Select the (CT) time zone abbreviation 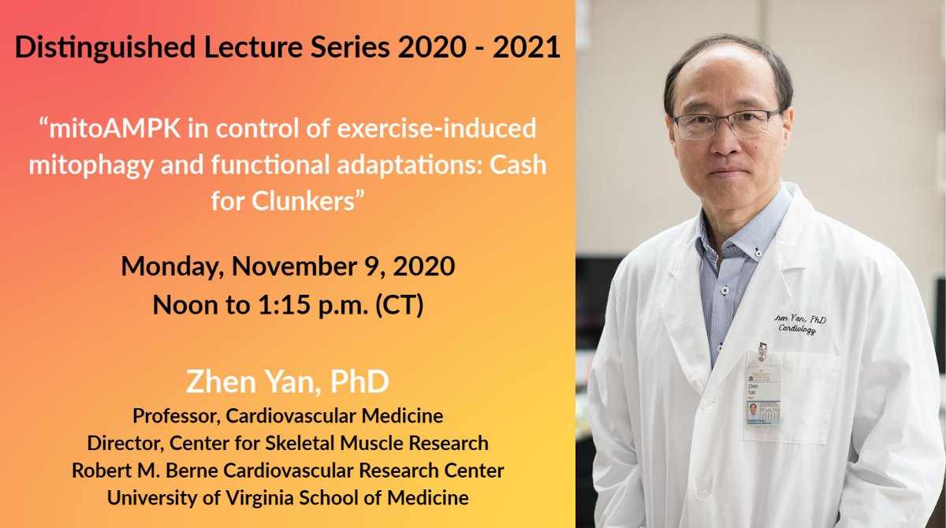click(400, 303)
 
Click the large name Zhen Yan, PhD click(288, 382)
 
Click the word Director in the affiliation click(119, 443)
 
